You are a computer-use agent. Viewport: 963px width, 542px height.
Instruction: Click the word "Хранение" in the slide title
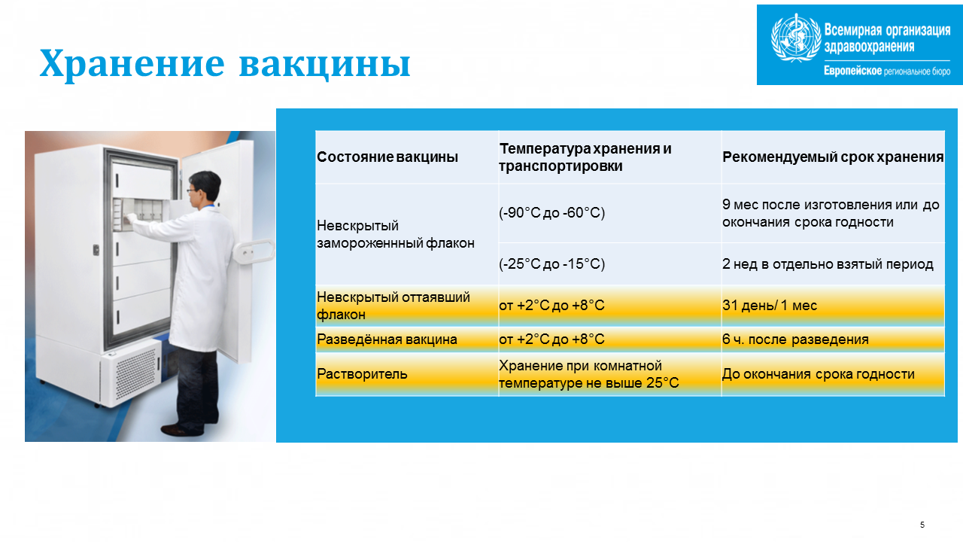[x=132, y=64]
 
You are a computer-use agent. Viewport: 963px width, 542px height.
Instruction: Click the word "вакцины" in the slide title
[x=324, y=65]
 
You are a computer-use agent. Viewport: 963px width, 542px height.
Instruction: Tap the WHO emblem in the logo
[x=796, y=38]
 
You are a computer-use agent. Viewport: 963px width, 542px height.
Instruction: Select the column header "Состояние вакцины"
[x=387, y=157]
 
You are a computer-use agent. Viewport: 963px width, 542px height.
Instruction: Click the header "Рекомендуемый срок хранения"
[x=833, y=157]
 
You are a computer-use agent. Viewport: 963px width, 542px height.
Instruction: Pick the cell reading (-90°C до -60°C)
[x=551, y=212]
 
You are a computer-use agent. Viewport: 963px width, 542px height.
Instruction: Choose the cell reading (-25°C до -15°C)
[x=551, y=263]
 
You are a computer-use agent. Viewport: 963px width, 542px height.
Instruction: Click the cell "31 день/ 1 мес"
[x=770, y=305]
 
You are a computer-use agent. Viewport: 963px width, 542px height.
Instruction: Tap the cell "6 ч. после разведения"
[x=795, y=340]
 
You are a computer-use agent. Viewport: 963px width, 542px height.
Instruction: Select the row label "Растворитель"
[x=362, y=374]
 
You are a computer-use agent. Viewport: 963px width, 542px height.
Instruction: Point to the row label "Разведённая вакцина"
[x=387, y=340]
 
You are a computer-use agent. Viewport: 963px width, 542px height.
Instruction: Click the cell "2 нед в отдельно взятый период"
[x=828, y=263]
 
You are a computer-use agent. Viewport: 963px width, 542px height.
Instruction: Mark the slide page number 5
[x=922, y=525]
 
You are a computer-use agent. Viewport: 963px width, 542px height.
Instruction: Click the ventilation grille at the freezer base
[x=136, y=373]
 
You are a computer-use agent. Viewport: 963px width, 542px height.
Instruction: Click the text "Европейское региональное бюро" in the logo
[x=887, y=71]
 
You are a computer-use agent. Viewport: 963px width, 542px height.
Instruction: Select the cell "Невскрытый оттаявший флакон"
[x=393, y=306]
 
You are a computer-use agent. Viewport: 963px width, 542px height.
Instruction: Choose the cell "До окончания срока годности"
[x=818, y=374]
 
